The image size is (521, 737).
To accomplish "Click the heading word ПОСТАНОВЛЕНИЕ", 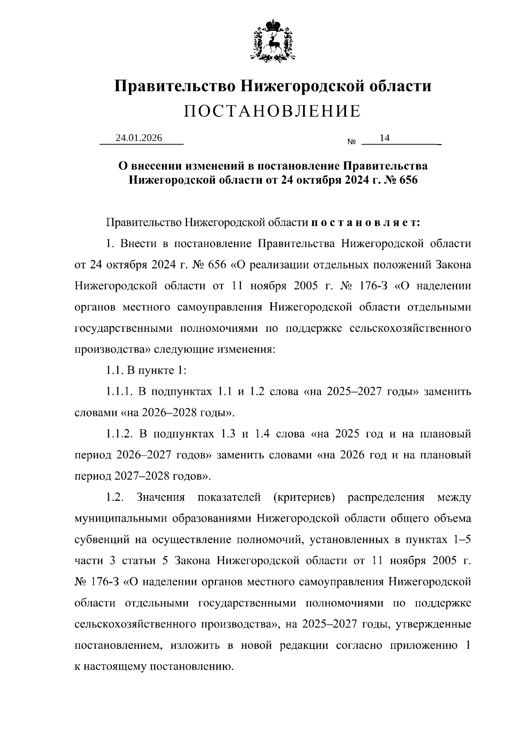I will [272, 111].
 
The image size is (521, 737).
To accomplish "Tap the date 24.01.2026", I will [138, 138].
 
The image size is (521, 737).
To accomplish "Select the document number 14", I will [384, 138].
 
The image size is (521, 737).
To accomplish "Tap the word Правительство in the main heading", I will [175, 86].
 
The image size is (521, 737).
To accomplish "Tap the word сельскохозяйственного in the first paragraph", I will [410, 328].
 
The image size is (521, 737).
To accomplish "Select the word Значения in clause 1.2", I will [161, 497].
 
